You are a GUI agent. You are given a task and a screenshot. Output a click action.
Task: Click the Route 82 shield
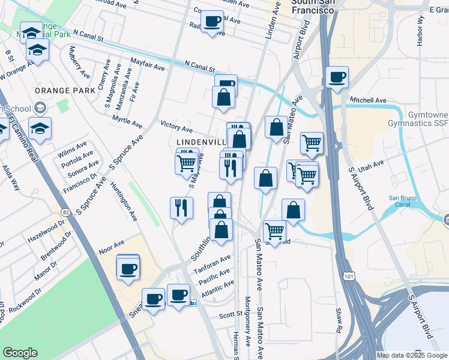[x=64, y=211]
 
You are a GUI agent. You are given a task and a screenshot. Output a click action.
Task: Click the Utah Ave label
[x=371, y=164]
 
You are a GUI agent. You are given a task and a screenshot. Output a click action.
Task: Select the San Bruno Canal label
[x=403, y=202]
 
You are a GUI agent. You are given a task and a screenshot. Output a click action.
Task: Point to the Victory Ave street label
[x=176, y=127]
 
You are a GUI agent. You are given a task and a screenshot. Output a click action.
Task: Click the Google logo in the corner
[x=20, y=353]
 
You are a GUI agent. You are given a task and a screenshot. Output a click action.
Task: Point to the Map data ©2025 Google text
[x=412, y=355]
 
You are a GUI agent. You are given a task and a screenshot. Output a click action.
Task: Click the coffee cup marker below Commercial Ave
[x=211, y=23]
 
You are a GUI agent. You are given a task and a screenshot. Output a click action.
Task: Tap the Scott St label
[x=230, y=314]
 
